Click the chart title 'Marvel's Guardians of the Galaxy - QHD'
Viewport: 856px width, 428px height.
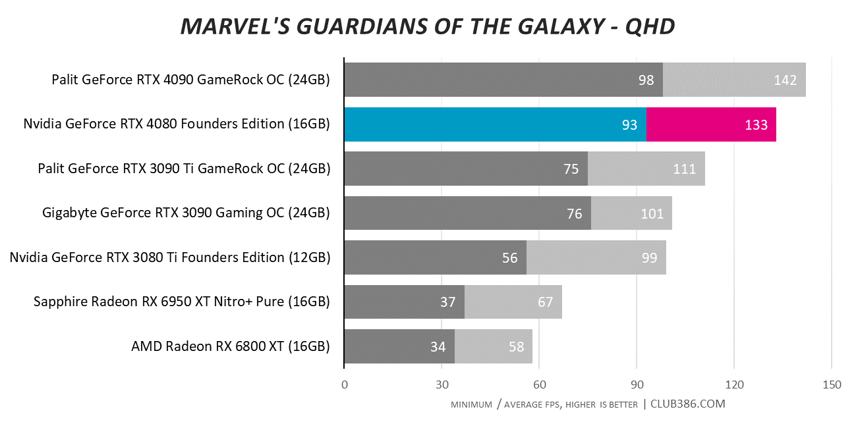428,26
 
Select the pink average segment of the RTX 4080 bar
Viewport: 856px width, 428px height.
711,124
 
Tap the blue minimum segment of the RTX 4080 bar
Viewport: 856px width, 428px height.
496,124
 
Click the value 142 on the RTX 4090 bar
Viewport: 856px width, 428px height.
785,80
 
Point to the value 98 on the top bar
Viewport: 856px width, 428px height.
646,80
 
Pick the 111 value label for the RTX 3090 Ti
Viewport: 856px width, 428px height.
684,169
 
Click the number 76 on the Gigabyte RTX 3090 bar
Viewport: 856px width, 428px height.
575,214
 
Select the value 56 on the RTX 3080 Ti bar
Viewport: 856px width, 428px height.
510,258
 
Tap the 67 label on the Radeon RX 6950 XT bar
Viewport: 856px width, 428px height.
546,302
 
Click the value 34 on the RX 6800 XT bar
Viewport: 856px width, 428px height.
438,346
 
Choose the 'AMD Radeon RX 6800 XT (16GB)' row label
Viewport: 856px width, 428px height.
231,346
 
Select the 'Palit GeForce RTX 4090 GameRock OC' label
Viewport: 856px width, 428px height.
168,80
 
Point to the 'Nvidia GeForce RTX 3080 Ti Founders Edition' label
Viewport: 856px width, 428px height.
147,257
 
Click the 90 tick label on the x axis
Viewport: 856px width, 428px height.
637,385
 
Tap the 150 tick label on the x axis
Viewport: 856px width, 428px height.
832,385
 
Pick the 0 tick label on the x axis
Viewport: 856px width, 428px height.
344,385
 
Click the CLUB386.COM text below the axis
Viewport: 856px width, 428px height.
687,404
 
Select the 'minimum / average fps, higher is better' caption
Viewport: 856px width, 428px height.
544,404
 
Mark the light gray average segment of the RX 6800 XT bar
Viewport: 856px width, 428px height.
494,346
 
